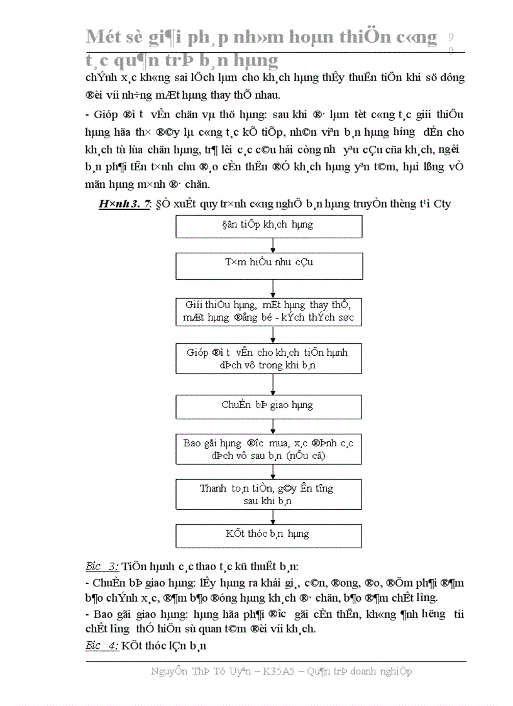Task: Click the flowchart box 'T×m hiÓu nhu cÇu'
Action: [x=269, y=266]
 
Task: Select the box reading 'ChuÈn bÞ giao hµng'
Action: [x=269, y=406]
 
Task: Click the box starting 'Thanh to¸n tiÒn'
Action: [x=269, y=494]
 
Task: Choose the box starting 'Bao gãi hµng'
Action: [x=269, y=449]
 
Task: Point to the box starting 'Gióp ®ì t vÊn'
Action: [x=269, y=358]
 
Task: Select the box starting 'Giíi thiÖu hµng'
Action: [x=269, y=311]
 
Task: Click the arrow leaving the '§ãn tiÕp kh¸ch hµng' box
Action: [x=273, y=245]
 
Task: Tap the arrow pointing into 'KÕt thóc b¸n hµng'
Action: [x=273, y=517]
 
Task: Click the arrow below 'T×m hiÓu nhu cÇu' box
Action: [x=273, y=288]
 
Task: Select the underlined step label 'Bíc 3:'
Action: [x=102, y=565]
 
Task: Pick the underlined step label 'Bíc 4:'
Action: [x=102, y=645]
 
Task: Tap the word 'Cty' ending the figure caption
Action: [x=441, y=204]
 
